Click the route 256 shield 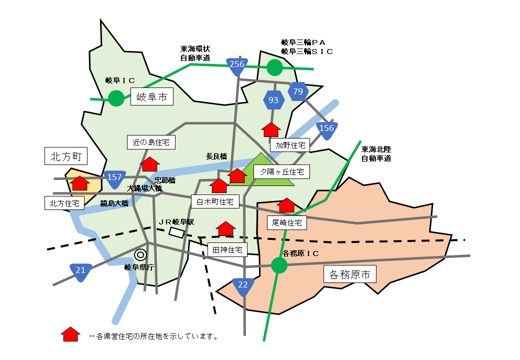[236, 65]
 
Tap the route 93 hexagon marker [273, 100]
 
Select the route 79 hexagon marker [298, 91]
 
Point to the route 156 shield [326, 129]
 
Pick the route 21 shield [80, 271]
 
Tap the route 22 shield [243, 286]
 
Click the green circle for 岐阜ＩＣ [116, 98]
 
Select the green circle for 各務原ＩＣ [279, 265]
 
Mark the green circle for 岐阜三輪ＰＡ [274, 67]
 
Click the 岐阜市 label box [152, 96]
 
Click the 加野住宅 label [290, 145]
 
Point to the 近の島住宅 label [151, 142]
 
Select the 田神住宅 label [227, 249]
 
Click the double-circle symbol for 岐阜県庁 [140, 254]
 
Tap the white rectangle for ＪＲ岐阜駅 [176, 232]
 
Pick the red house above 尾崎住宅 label [286, 205]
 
